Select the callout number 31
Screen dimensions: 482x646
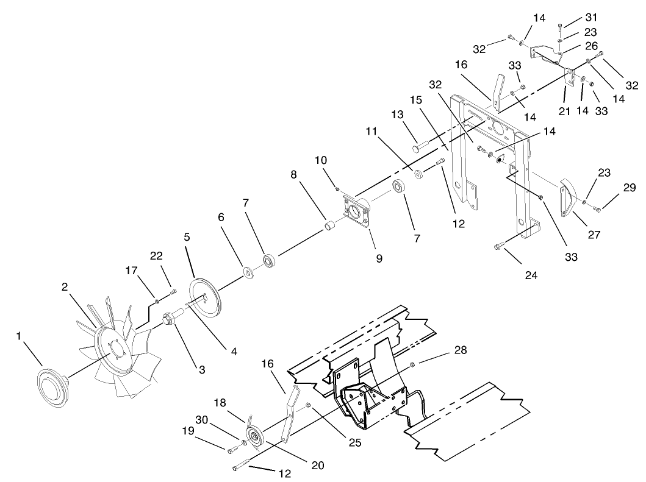574,17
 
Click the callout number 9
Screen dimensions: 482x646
379,258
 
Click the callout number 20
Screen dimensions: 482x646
317,466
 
